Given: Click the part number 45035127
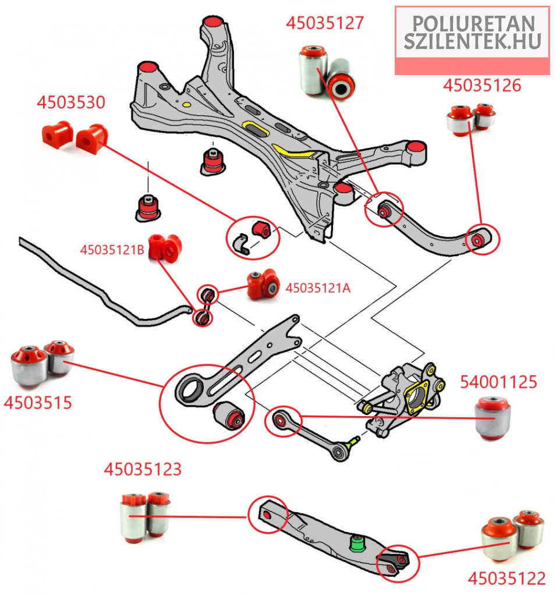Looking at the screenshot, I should [325, 23].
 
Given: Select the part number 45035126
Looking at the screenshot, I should [482, 86].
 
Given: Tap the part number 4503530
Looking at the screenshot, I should [71, 103].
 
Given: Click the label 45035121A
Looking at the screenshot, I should [318, 288].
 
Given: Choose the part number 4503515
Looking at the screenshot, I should [38, 402].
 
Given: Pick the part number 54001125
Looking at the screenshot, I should [498, 382].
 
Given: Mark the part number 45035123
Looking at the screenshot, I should [143, 469].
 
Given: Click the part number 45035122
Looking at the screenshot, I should [507, 579].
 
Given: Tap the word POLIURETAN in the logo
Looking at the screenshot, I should [473, 23].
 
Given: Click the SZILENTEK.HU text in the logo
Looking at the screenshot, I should [473, 41].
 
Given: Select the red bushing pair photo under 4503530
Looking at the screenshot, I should [75, 136].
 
